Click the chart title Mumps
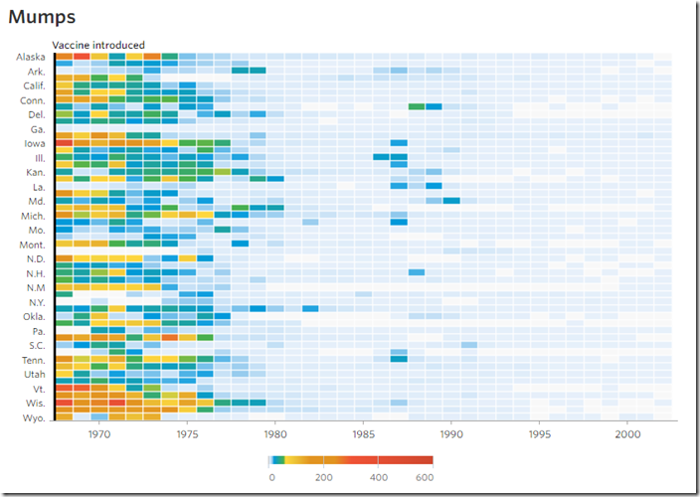[x=42, y=17]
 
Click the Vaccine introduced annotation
[x=98, y=45]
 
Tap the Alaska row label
[x=31, y=57]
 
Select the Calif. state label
[x=33, y=85]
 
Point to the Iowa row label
[x=34, y=143]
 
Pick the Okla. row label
[x=33, y=316]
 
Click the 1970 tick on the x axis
[x=99, y=433]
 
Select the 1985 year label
[x=364, y=433]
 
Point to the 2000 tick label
[x=627, y=433]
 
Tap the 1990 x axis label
[x=451, y=433]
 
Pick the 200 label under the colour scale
[x=324, y=477]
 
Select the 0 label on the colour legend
[x=271, y=477]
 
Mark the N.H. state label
[x=33, y=273]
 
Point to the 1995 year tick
[x=540, y=433]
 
